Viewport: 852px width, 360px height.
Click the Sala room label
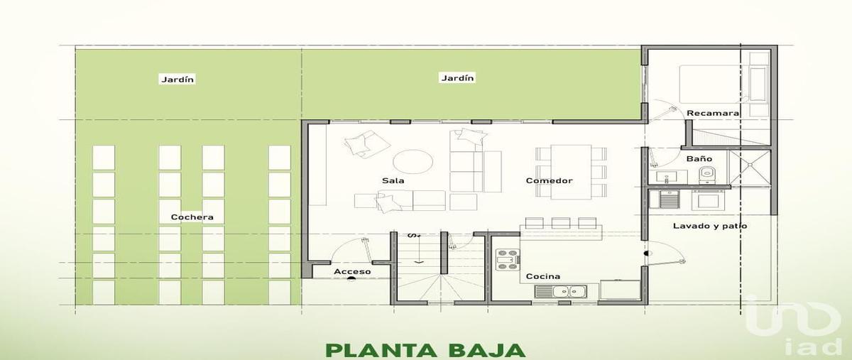click(393, 180)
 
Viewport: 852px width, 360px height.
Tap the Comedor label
click(549, 180)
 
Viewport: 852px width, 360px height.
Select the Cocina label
click(542, 276)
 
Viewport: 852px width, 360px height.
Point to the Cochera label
click(192, 217)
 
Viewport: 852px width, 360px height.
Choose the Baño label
click(694, 158)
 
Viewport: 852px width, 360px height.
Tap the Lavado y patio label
click(710, 226)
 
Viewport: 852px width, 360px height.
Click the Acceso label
click(352, 271)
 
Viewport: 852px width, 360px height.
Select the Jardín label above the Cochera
click(177, 80)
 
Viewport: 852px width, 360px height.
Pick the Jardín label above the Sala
click(457, 78)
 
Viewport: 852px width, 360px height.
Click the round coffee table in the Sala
click(413, 161)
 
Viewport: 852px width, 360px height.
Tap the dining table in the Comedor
click(572, 170)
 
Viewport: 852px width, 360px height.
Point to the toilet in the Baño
click(706, 174)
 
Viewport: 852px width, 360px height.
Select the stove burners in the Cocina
click(507, 260)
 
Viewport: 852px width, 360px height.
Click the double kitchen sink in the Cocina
click(560, 290)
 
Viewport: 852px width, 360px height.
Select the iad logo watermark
click(795, 323)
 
